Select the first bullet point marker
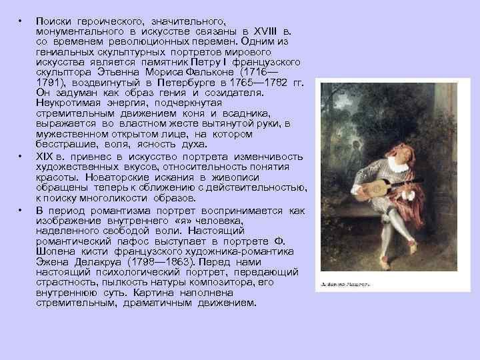(21, 23)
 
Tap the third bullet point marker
(21, 211)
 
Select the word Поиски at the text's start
(55, 23)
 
